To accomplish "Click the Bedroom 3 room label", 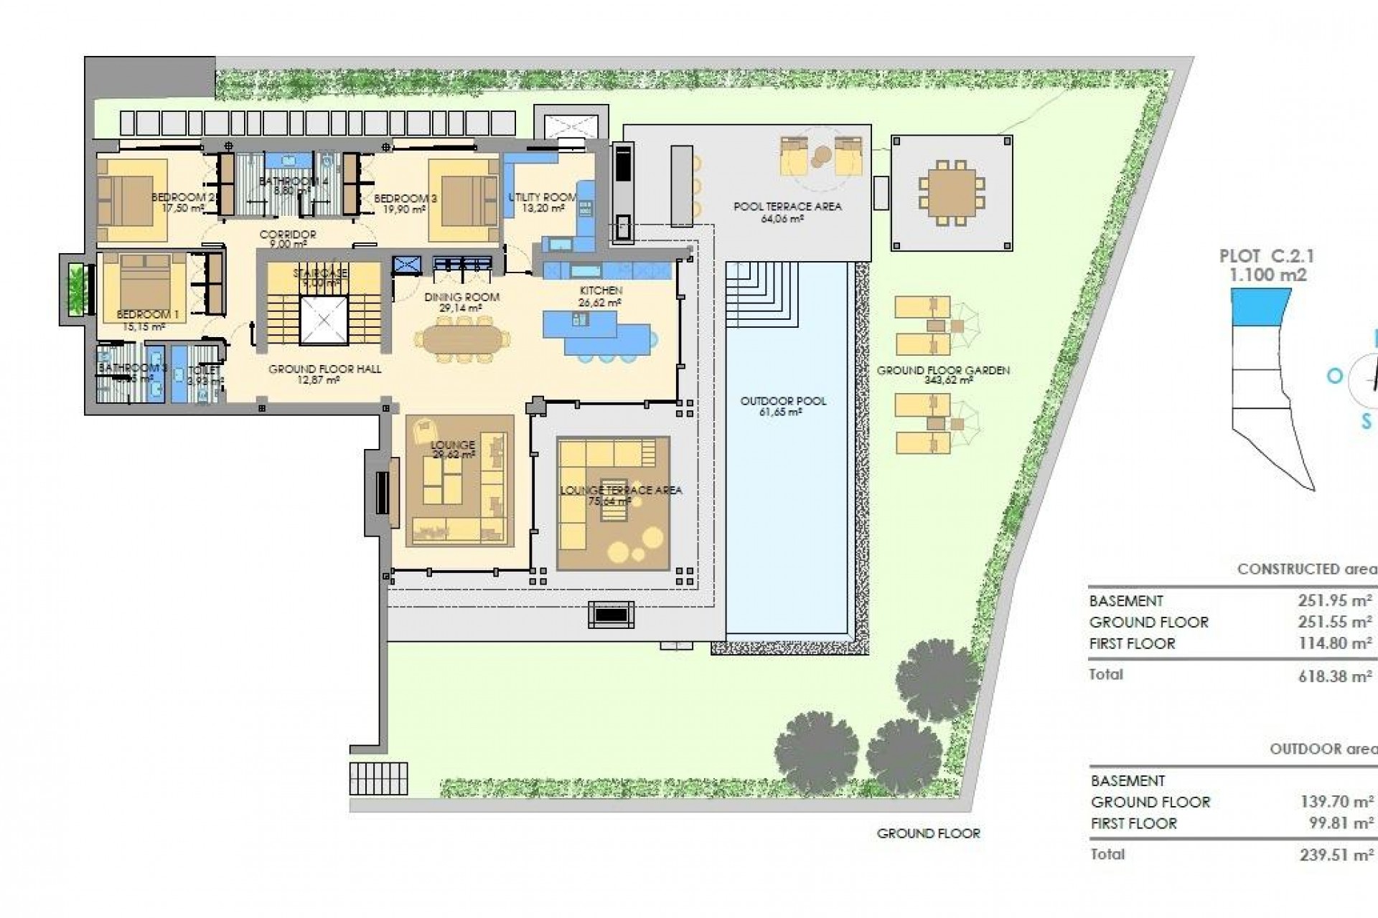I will pos(406,199).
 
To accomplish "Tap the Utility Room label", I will pos(543,197).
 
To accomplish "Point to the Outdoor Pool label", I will pos(783,402).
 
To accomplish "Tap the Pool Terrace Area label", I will pos(787,207).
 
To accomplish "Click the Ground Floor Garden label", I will pos(943,371).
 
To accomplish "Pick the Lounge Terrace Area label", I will pos(621,491).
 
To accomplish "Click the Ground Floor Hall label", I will pos(324,369).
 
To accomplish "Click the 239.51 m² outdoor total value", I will pos(1336,855).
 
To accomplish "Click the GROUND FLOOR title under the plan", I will pos(928,833).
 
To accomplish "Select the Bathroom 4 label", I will pos(293,181).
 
